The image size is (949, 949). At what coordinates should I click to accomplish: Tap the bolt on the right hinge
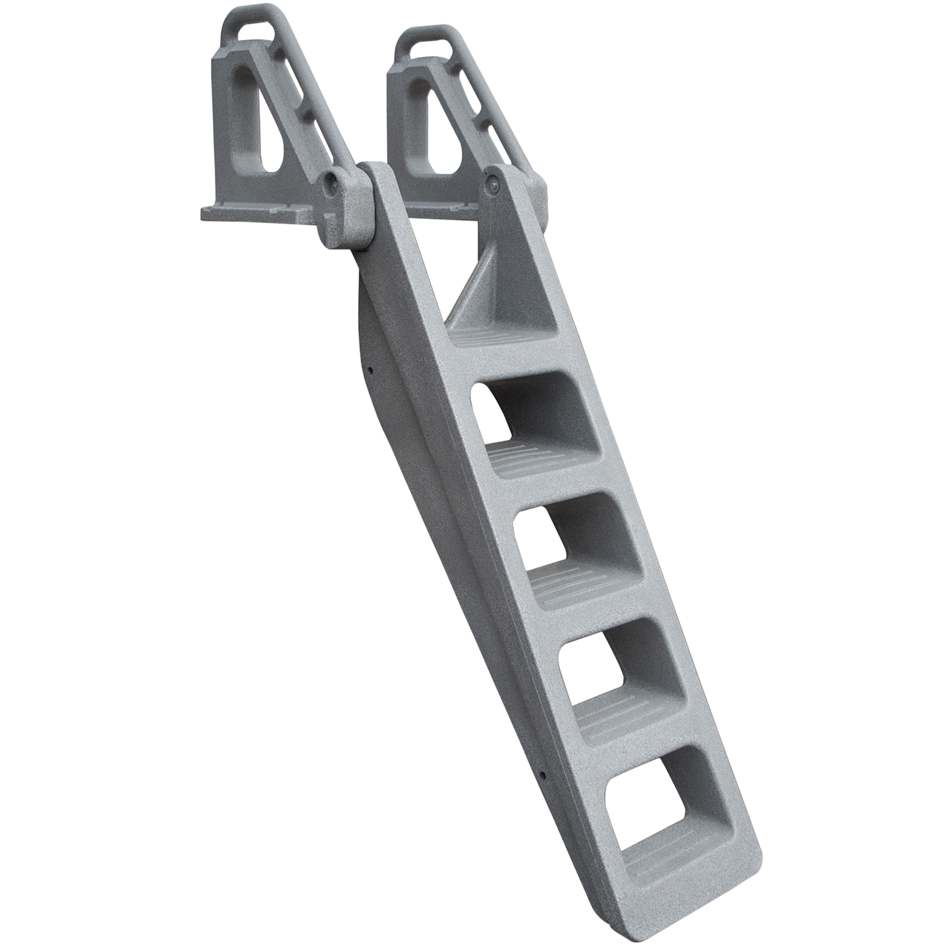pos(493,182)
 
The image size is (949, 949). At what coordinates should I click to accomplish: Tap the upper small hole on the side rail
pos(371,370)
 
